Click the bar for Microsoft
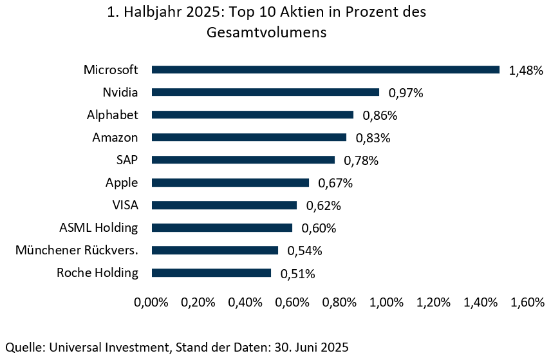[325, 70]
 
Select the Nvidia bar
[265, 92]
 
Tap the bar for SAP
[243, 160]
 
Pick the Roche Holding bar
[211, 273]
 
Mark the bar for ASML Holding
[221, 228]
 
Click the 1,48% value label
[526, 71]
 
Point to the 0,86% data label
[380, 116]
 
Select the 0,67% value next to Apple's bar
[335, 184]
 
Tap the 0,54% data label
[304, 251]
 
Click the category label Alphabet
[113, 115]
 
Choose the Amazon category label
[115, 137]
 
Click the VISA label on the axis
[125, 205]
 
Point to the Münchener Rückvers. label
[77, 250]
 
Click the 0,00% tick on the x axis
[151, 302]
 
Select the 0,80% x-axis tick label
[339, 302]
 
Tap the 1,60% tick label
[527, 302]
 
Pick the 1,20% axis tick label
[433, 302]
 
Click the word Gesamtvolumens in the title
[266, 33]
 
